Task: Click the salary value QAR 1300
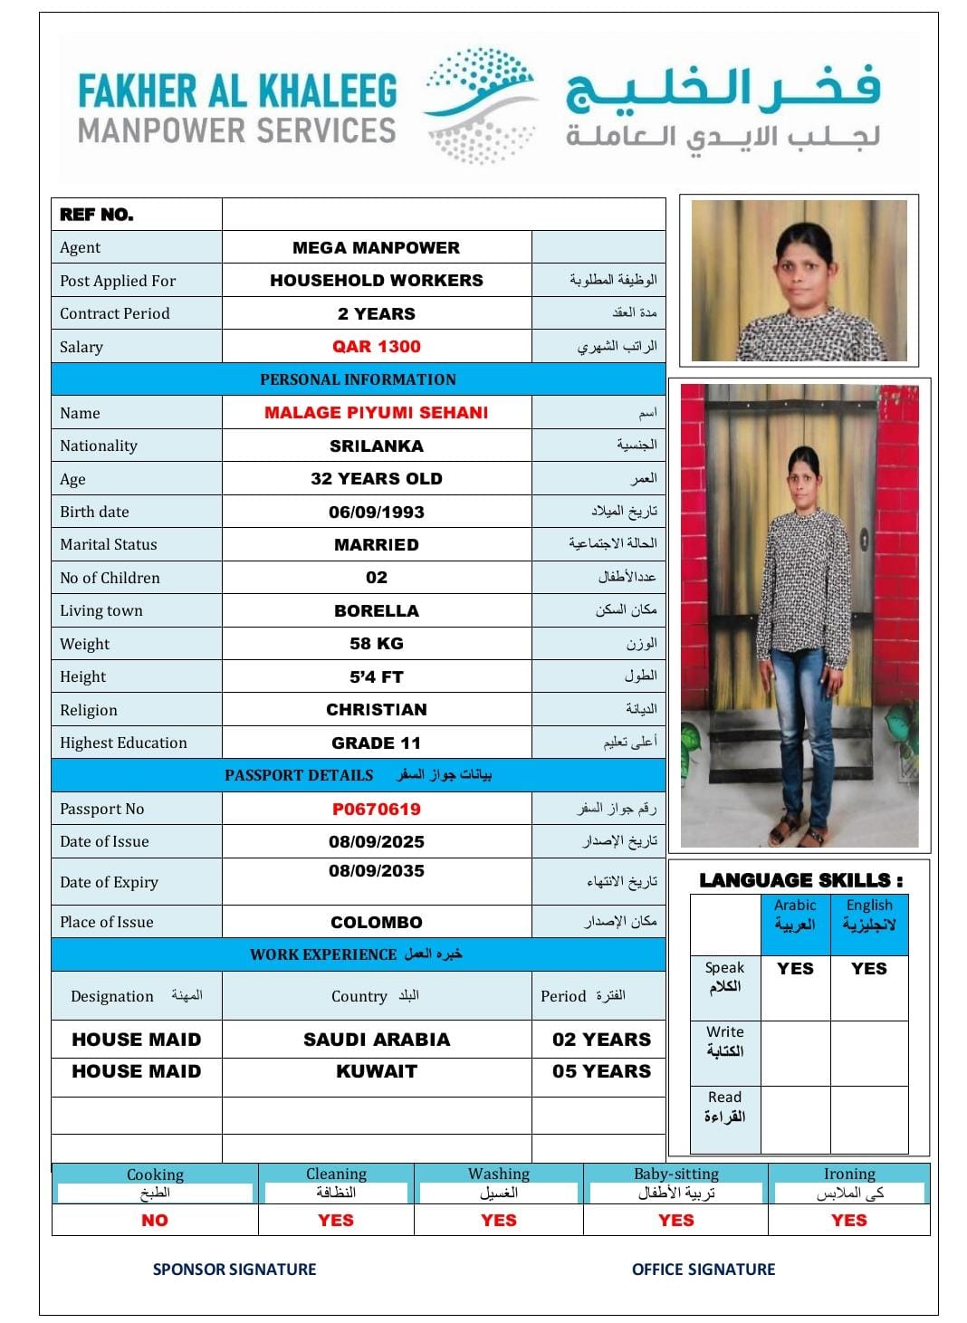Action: (376, 347)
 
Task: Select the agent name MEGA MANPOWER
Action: (376, 248)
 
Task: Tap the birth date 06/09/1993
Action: (376, 513)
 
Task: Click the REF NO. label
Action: (97, 215)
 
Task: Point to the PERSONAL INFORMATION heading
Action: (358, 379)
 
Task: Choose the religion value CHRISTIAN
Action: (376, 710)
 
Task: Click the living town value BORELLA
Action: (376, 611)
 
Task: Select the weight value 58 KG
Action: (376, 644)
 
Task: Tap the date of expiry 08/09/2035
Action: (376, 871)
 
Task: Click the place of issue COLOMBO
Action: (376, 923)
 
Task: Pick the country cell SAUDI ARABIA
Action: (376, 1040)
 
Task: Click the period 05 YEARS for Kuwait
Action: (601, 1071)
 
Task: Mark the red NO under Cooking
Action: (155, 1221)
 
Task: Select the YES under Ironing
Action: (848, 1221)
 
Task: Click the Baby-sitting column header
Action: (675, 1174)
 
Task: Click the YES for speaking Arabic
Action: (795, 969)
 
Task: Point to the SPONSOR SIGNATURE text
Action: (235, 1270)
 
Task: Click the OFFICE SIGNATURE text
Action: (704, 1270)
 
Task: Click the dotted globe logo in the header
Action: (481, 106)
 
